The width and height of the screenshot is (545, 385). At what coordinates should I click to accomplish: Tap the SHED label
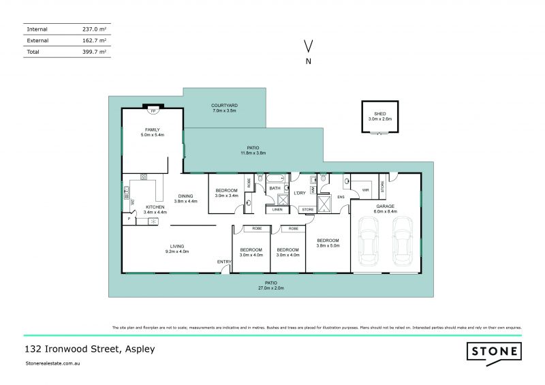point(379,114)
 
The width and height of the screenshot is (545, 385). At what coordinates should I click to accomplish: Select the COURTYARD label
point(223,105)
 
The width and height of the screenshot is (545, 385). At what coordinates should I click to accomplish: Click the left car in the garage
point(369,242)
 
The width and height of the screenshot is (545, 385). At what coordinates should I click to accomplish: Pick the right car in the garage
point(403,242)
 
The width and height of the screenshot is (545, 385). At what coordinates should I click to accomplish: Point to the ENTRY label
point(224,262)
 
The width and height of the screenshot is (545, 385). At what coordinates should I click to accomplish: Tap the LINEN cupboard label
point(277,209)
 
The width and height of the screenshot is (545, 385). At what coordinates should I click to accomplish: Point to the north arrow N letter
point(309,61)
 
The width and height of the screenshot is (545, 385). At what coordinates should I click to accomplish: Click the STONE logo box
point(494,352)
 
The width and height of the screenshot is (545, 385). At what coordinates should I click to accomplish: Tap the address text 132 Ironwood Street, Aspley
point(89,350)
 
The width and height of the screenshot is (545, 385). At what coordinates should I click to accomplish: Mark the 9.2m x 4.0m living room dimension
point(177,251)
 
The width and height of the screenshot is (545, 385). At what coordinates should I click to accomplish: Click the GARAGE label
point(386,206)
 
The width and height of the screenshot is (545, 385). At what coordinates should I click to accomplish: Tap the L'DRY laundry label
point(300,194)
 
